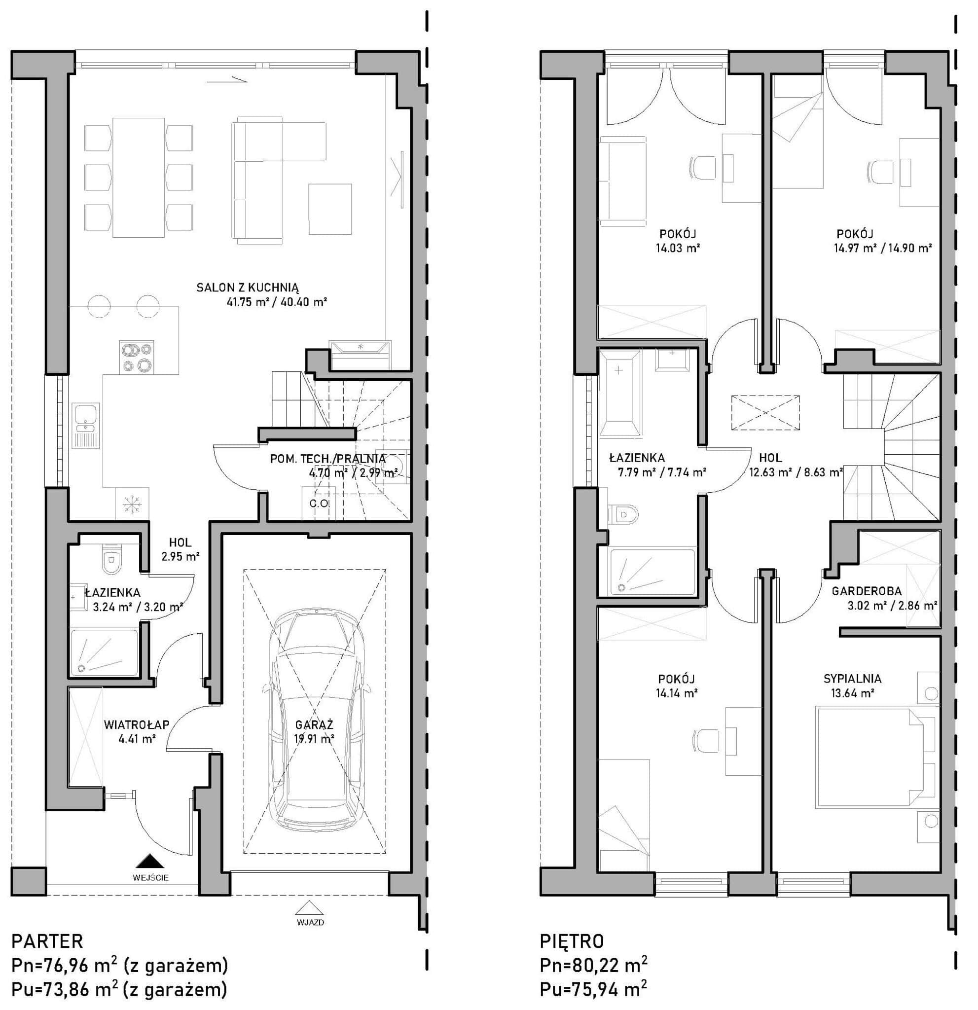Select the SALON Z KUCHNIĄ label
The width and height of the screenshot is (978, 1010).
pos(247,288)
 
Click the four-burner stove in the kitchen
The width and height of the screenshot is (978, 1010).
pos(137,357)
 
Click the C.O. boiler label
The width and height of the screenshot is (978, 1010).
pos(319,504)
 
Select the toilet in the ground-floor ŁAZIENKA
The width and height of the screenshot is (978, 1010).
pos(111,559)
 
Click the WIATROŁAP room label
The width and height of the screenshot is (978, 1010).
pos(137,725)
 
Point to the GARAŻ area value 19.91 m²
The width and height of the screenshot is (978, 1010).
pos(314,739)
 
